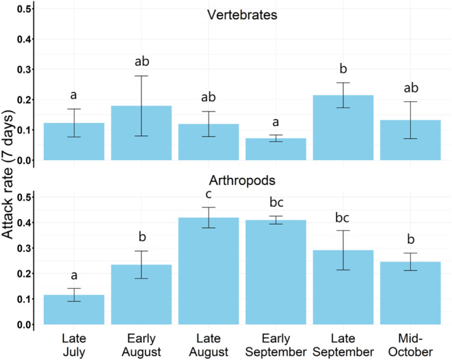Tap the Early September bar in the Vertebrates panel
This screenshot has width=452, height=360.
(275, 149)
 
